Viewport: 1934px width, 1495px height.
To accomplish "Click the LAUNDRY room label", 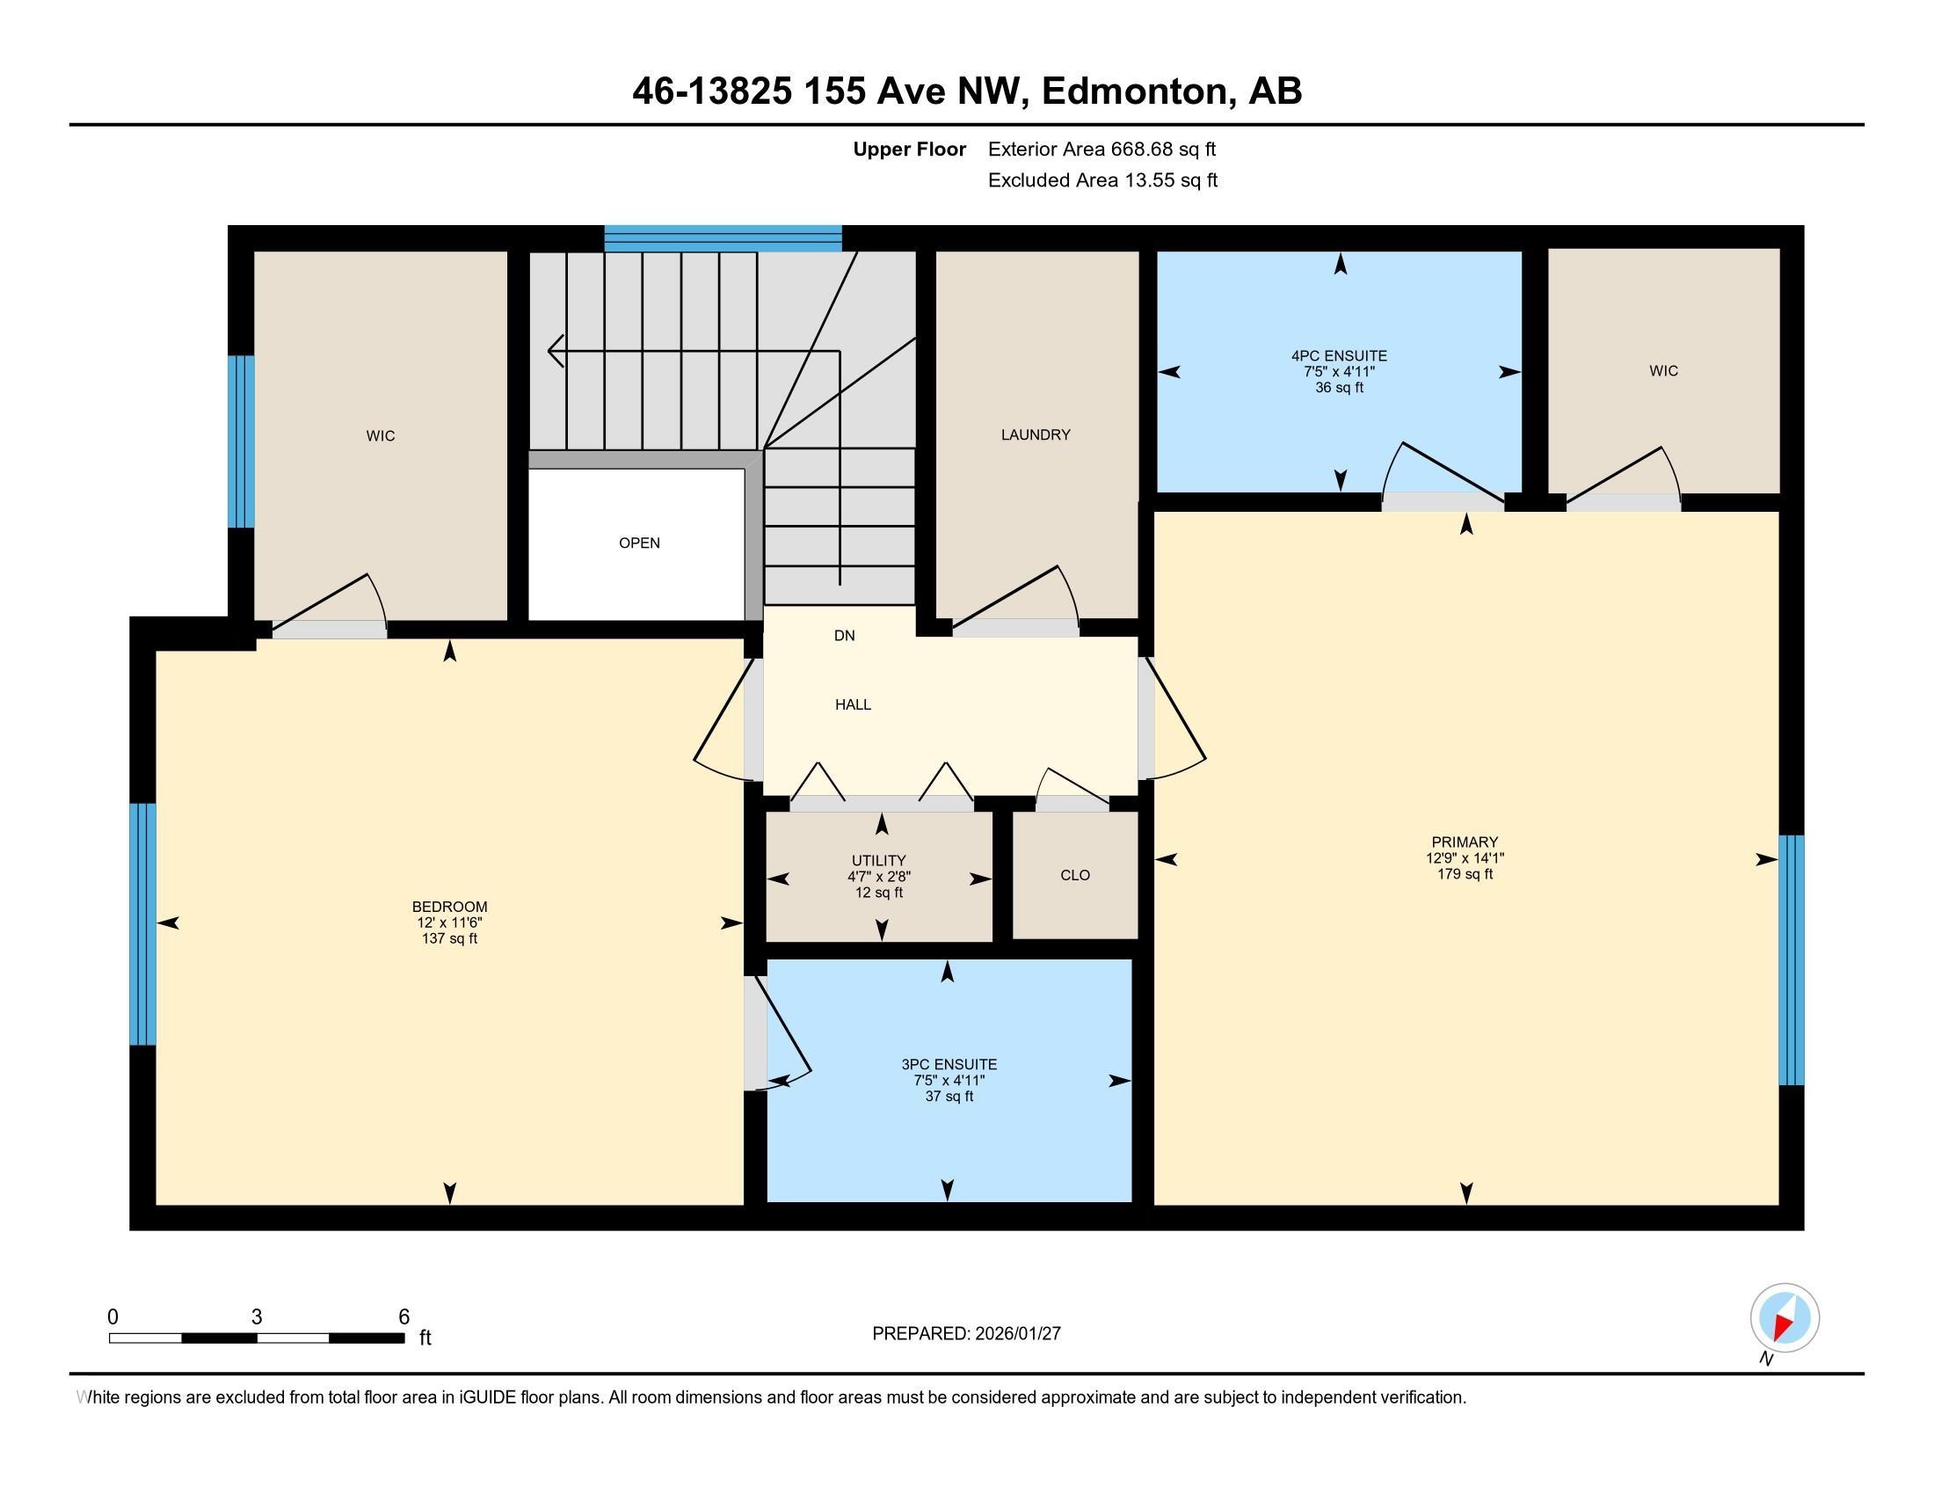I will pyautogui.click(x=1036, y=434).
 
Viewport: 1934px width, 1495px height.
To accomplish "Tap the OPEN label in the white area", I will pyautogui.click(x=638, y=543).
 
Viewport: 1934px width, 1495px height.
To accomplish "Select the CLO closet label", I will pyautogui.click(x=1074, y=875).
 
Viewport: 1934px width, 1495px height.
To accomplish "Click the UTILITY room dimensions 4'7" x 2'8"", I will pyautogui.click(x=878, y=877).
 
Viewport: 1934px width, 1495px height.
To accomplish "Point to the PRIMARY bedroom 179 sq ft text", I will pyautogui.click(x=1465, y=874).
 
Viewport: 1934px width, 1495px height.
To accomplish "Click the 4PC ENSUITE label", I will pyautogui.click(x=1339, y=356).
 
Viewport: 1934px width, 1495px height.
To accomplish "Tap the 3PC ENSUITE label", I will pyautogui.click(x=949, y=1065).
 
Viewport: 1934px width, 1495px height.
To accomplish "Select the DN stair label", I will pyautogui.click(x=844, y=636).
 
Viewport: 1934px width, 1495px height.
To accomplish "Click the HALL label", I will pyautogui.click(x=853, y=705).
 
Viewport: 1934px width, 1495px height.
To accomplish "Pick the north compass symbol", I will pyautogui.click(x=1785, y=1318).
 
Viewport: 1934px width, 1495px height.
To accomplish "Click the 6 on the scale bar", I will pyautogui.click(x=404, y=1317).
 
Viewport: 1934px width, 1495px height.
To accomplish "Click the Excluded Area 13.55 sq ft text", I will pyautogui.click(x=1102, y=180).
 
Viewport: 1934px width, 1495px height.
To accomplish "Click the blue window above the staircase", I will pyautogui.click(x=723, y=238).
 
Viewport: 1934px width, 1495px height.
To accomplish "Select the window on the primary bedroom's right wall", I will pyautogui.click(x=1791, y=959).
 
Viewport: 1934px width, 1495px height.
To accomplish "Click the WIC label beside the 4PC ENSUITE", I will pyautogui.click(x=1663, y=371).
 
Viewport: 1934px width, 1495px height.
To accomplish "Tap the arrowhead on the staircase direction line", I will pyautogui.click(x=556, y=351).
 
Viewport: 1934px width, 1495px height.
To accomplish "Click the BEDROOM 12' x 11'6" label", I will pyautogui.click(x=449, y=915).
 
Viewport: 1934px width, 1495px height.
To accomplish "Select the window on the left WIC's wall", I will pyautogui.click(x=241, y=441).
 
